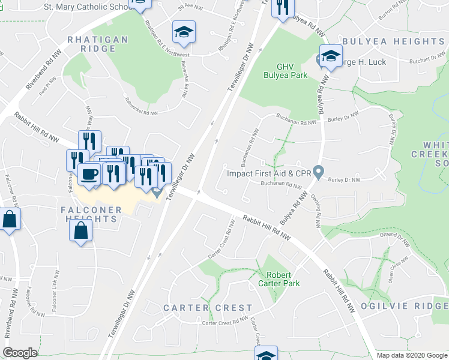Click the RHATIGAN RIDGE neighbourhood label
pyautogui.click(x=97, y=44)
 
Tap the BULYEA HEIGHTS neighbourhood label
pyautogui.click(x=393, y=41)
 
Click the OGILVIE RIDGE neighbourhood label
pyautogui.click(x=404, y=305)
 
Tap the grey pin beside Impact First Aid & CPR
pyautogui.click(x=319, y=173)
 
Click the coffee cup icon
pyautogui.click(x=89, y=175)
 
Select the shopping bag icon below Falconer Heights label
pyautogui.click(x=81, y=230)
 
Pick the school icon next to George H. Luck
pyautogui.click(x=330, y=56)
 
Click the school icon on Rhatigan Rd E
pyautogui.click(x=184, y=32)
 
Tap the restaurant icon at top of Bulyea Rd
pyautogui.click(x=282, y=7)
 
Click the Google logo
pyautogui.click(x=20, y=353)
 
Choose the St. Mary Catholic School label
pyautogui.click(x=87, y=7)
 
